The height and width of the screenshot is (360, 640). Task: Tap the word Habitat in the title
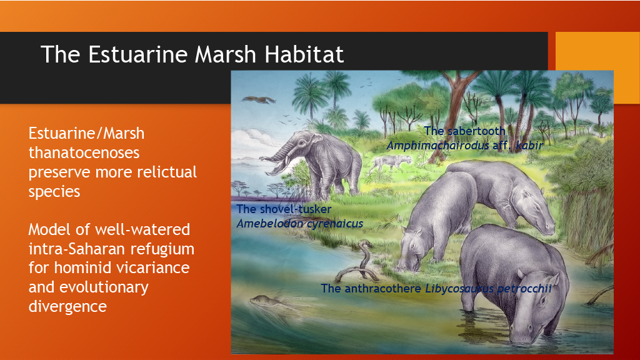[304, 54]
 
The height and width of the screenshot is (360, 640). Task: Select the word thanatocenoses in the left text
[84, 152]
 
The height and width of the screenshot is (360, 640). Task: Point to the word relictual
[166, 172]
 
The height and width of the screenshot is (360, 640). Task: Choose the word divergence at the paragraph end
[67, 306]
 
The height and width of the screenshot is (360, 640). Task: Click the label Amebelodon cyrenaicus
[299, 224]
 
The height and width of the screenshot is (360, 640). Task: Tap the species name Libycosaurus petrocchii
[489, 289]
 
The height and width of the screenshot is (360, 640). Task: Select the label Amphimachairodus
[437, 145]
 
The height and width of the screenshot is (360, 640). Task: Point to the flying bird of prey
[258, 99]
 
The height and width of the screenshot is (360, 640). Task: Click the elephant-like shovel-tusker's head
[301, 145]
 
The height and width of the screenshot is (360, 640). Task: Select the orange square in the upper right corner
[597, 67]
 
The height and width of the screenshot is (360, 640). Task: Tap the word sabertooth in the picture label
[476, 131]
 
